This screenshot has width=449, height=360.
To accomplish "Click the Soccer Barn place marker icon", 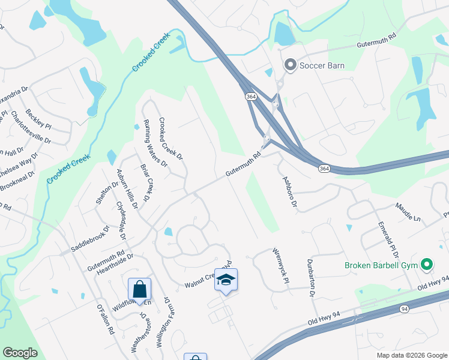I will pyautogui.click(x=291, y=65).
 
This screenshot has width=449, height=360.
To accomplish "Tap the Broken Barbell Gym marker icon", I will pyautogui.click(x=427, y=264).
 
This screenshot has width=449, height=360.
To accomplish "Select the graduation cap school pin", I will pyautogui.click(x=226, y=280).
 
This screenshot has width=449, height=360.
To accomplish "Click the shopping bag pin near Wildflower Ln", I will pyautogui.click(x=139, y=289).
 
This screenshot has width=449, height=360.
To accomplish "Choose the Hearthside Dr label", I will pyautogui.click(x=114, y=265).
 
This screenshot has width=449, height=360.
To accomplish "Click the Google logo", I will pyautogui.click(x=20, y=353).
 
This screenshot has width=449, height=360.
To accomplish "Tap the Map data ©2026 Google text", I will pyautogui.click(x=411, y=355).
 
